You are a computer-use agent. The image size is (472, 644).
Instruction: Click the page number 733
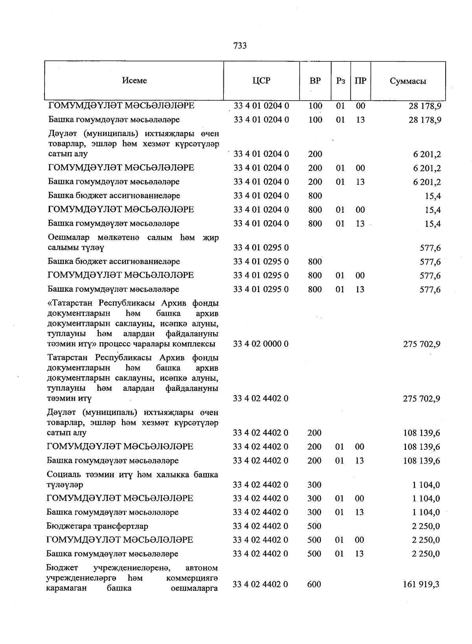point(240,46)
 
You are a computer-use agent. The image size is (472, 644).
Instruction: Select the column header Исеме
point(134,81)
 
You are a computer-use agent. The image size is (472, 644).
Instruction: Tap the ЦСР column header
point(262,81)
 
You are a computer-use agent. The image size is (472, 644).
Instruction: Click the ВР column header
point(315,81)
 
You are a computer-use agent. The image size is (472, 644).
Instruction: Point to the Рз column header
point(341,81)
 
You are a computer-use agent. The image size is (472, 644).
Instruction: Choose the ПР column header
point(360,81)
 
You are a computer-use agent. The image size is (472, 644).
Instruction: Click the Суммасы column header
point(408,81)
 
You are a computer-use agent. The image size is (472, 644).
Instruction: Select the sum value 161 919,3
point(421,585)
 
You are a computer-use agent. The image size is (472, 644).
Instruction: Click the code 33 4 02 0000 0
point(261,344)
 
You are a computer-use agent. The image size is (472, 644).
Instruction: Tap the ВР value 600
point(314,585)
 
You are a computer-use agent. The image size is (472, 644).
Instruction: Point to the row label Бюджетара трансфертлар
point(97,526)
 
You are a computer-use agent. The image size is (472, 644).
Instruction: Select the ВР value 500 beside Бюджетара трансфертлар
point(314,526)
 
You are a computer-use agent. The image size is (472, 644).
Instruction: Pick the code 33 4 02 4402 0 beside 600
point(260,585)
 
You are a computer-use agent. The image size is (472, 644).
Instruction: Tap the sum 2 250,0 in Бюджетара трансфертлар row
point(426,526)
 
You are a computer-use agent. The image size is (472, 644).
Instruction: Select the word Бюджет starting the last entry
point(62,568)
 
